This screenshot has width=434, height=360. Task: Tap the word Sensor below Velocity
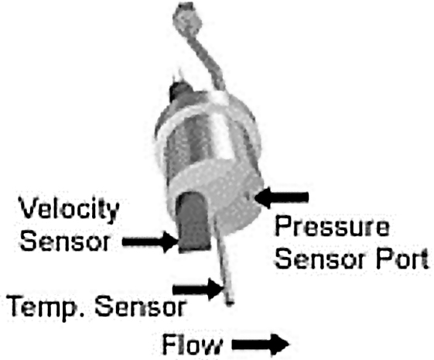click(x=65, y=241)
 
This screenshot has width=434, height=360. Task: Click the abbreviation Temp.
click(x=46, y=307)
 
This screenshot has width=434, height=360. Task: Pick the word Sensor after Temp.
click(x=141, y=307)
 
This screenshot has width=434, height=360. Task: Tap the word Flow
click(x=192, y=345)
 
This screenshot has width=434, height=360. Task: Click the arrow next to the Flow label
click(x=261, y=345)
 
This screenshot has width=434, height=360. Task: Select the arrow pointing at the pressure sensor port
click(x=282, y=197)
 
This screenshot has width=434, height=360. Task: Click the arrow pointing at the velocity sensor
click(x=150, y=242)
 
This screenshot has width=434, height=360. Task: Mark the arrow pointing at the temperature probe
click(x=198, y=290)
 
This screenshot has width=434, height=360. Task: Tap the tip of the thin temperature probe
click(x=230, y=303)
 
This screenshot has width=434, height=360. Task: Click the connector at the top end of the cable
click(x=187, y=17)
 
